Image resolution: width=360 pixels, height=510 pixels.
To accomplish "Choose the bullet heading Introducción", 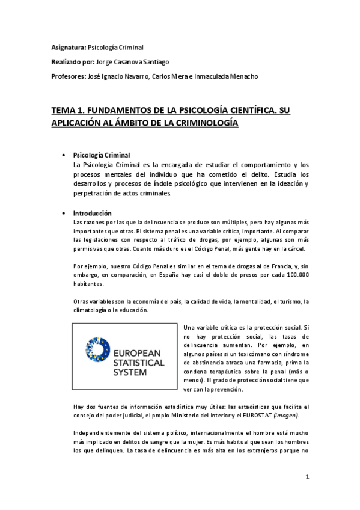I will pyautogui.click(x=93, y=214).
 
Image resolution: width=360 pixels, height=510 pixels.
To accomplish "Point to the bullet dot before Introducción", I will pyautogui.click(x=63, y=214).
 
